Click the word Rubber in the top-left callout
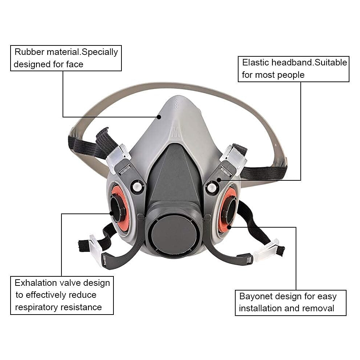(x=29, y=52)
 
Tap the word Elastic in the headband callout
(x=256, y=63)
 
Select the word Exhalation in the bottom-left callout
(x=36, y=283)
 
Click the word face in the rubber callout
(x=75, y=64)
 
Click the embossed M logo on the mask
(x=175, y=132)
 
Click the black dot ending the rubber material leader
(x=159, y=117)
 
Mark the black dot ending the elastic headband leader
(x=219, y=180)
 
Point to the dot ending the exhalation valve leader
(x=112, y=213)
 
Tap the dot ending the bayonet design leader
(x=229, y=227)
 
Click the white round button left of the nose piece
(x=137, y=187)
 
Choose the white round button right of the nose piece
(x=211, y=188)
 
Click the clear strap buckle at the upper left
(x=118, y=157)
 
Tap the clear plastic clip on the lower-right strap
(x=266, y=250)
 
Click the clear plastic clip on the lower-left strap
(x=96, y=249)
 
